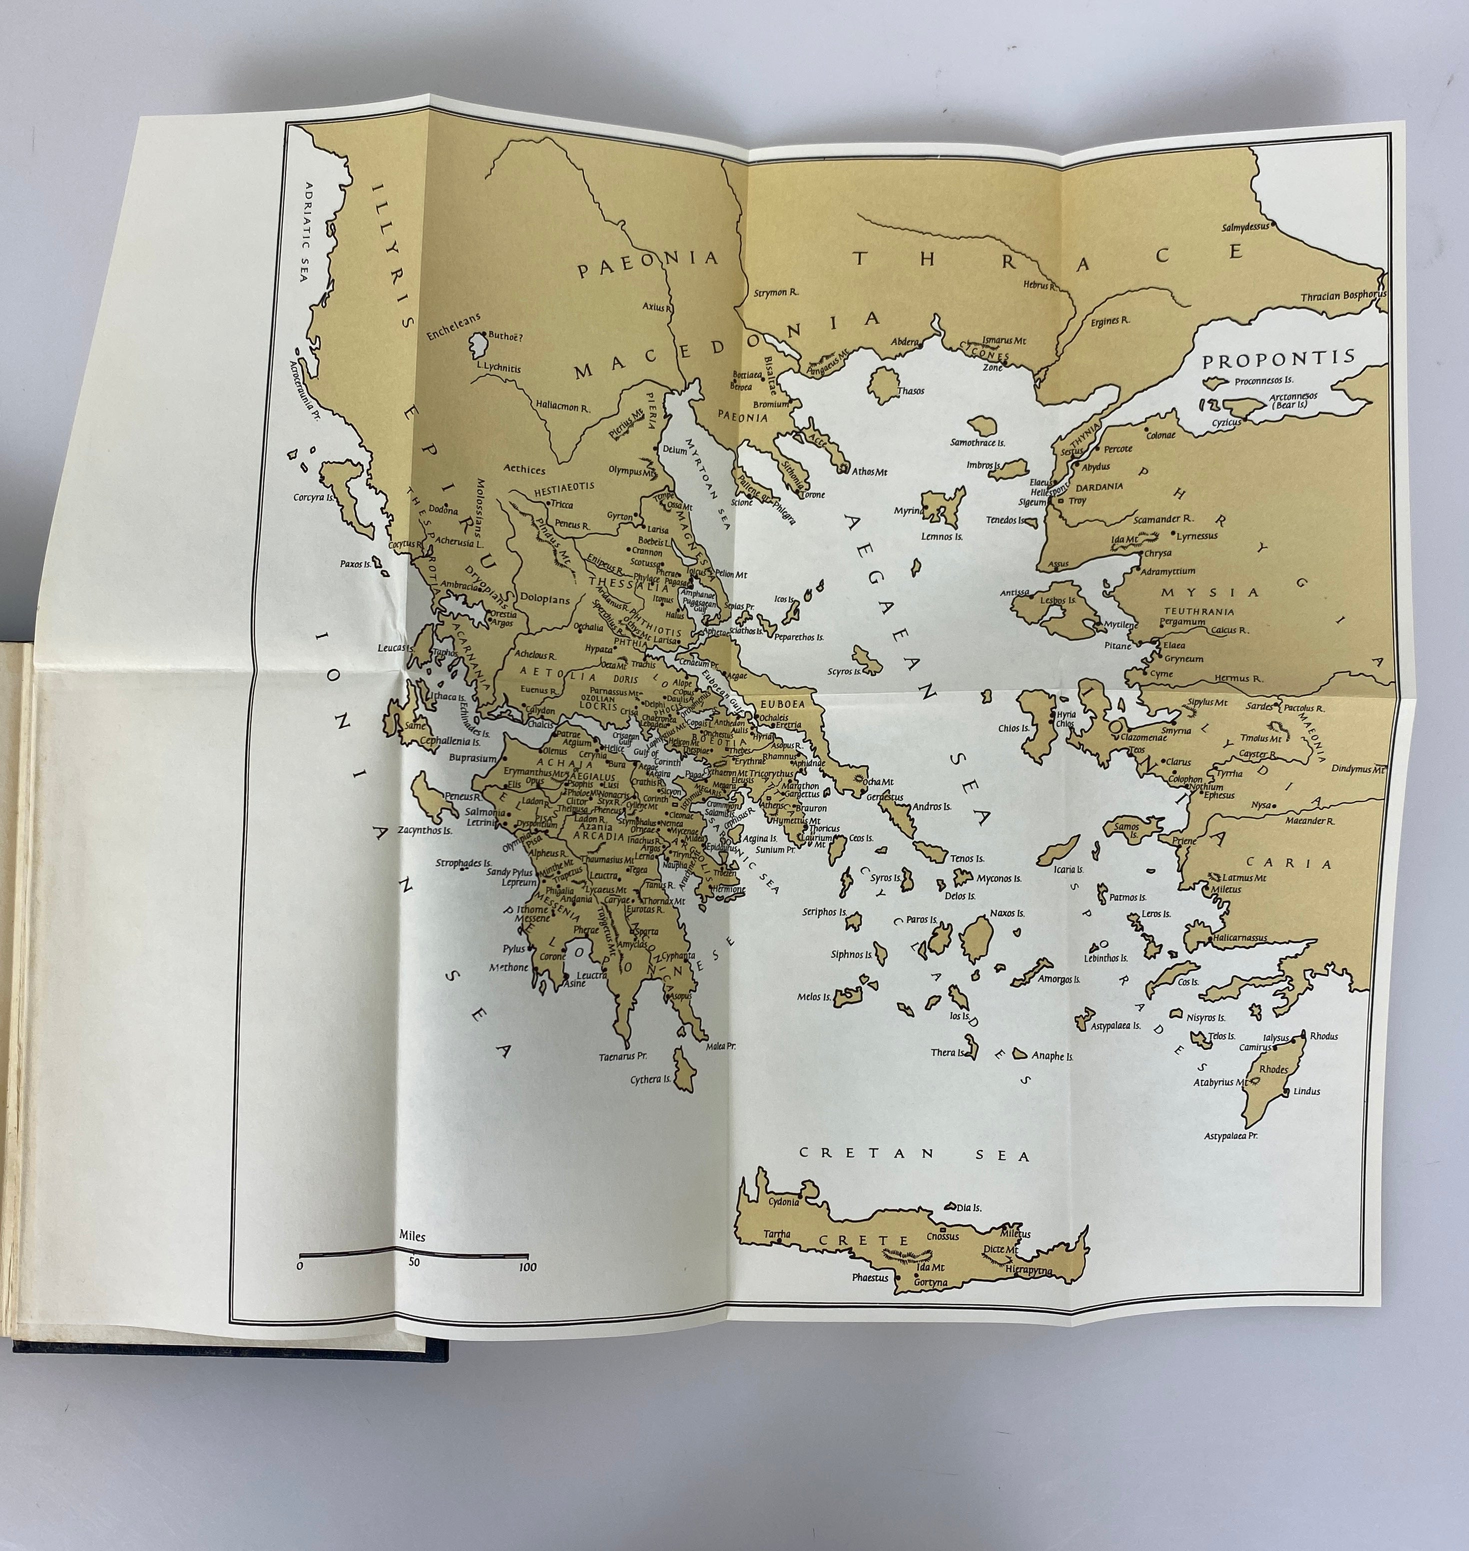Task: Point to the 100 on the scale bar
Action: coord(527,1267)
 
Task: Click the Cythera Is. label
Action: coord(651,1079)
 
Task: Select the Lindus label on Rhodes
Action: coord(1306,1091)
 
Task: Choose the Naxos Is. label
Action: coord(1006,913)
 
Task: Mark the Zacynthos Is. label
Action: coord(424,831)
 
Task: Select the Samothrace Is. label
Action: coord(977,442)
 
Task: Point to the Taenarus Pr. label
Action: coord(622,1056)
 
